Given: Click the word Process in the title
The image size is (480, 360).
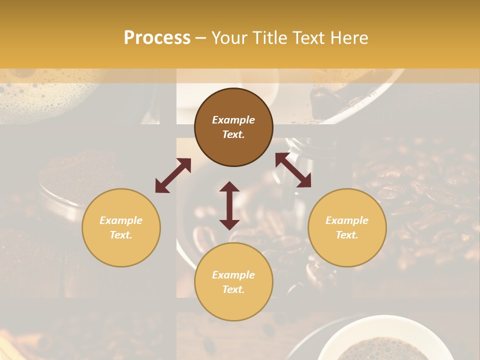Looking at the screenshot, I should (157, 38).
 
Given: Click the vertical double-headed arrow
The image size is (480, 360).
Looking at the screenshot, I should (229, 205).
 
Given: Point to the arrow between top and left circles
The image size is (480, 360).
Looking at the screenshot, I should (173, 175).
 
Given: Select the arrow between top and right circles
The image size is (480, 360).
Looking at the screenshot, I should (293, 170).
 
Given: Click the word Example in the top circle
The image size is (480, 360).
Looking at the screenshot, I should (233, 120).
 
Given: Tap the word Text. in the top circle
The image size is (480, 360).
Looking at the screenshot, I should (233, 134).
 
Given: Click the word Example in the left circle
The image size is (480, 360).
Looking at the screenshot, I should (121, 220).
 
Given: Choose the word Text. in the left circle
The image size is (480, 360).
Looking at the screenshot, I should (121, 235).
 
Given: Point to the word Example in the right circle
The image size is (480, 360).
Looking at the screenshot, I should (347, 220).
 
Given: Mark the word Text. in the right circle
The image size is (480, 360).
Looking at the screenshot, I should (347, 235).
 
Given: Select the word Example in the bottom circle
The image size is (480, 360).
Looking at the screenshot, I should (233, 275).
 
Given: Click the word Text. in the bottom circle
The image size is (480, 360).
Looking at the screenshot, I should (233, 289).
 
